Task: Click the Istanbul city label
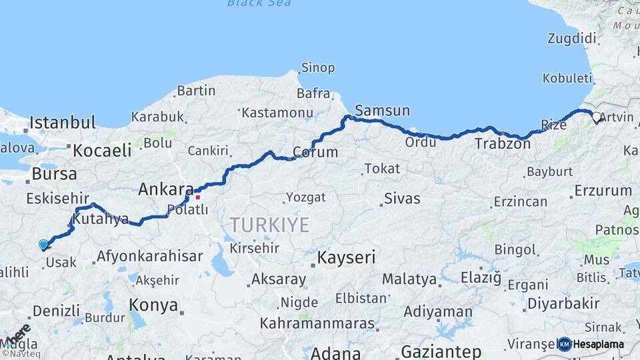tap(63, 123)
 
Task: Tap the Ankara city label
tap(165, 189)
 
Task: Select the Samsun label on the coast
tap(382, 111)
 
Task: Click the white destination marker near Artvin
tap(596, 117)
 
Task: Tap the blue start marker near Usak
tap(43, 245)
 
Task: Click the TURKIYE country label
tap(269, 225)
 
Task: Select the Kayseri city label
tap(346, 257)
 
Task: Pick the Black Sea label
tap(259, 3)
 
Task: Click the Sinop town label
tap(317, 67)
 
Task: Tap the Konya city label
tap(153, 305)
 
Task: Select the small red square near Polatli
tap(197, 197)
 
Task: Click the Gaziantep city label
tap(441, 351)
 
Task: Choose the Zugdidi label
tap(571, 39)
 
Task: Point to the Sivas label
tap(402, 199)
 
